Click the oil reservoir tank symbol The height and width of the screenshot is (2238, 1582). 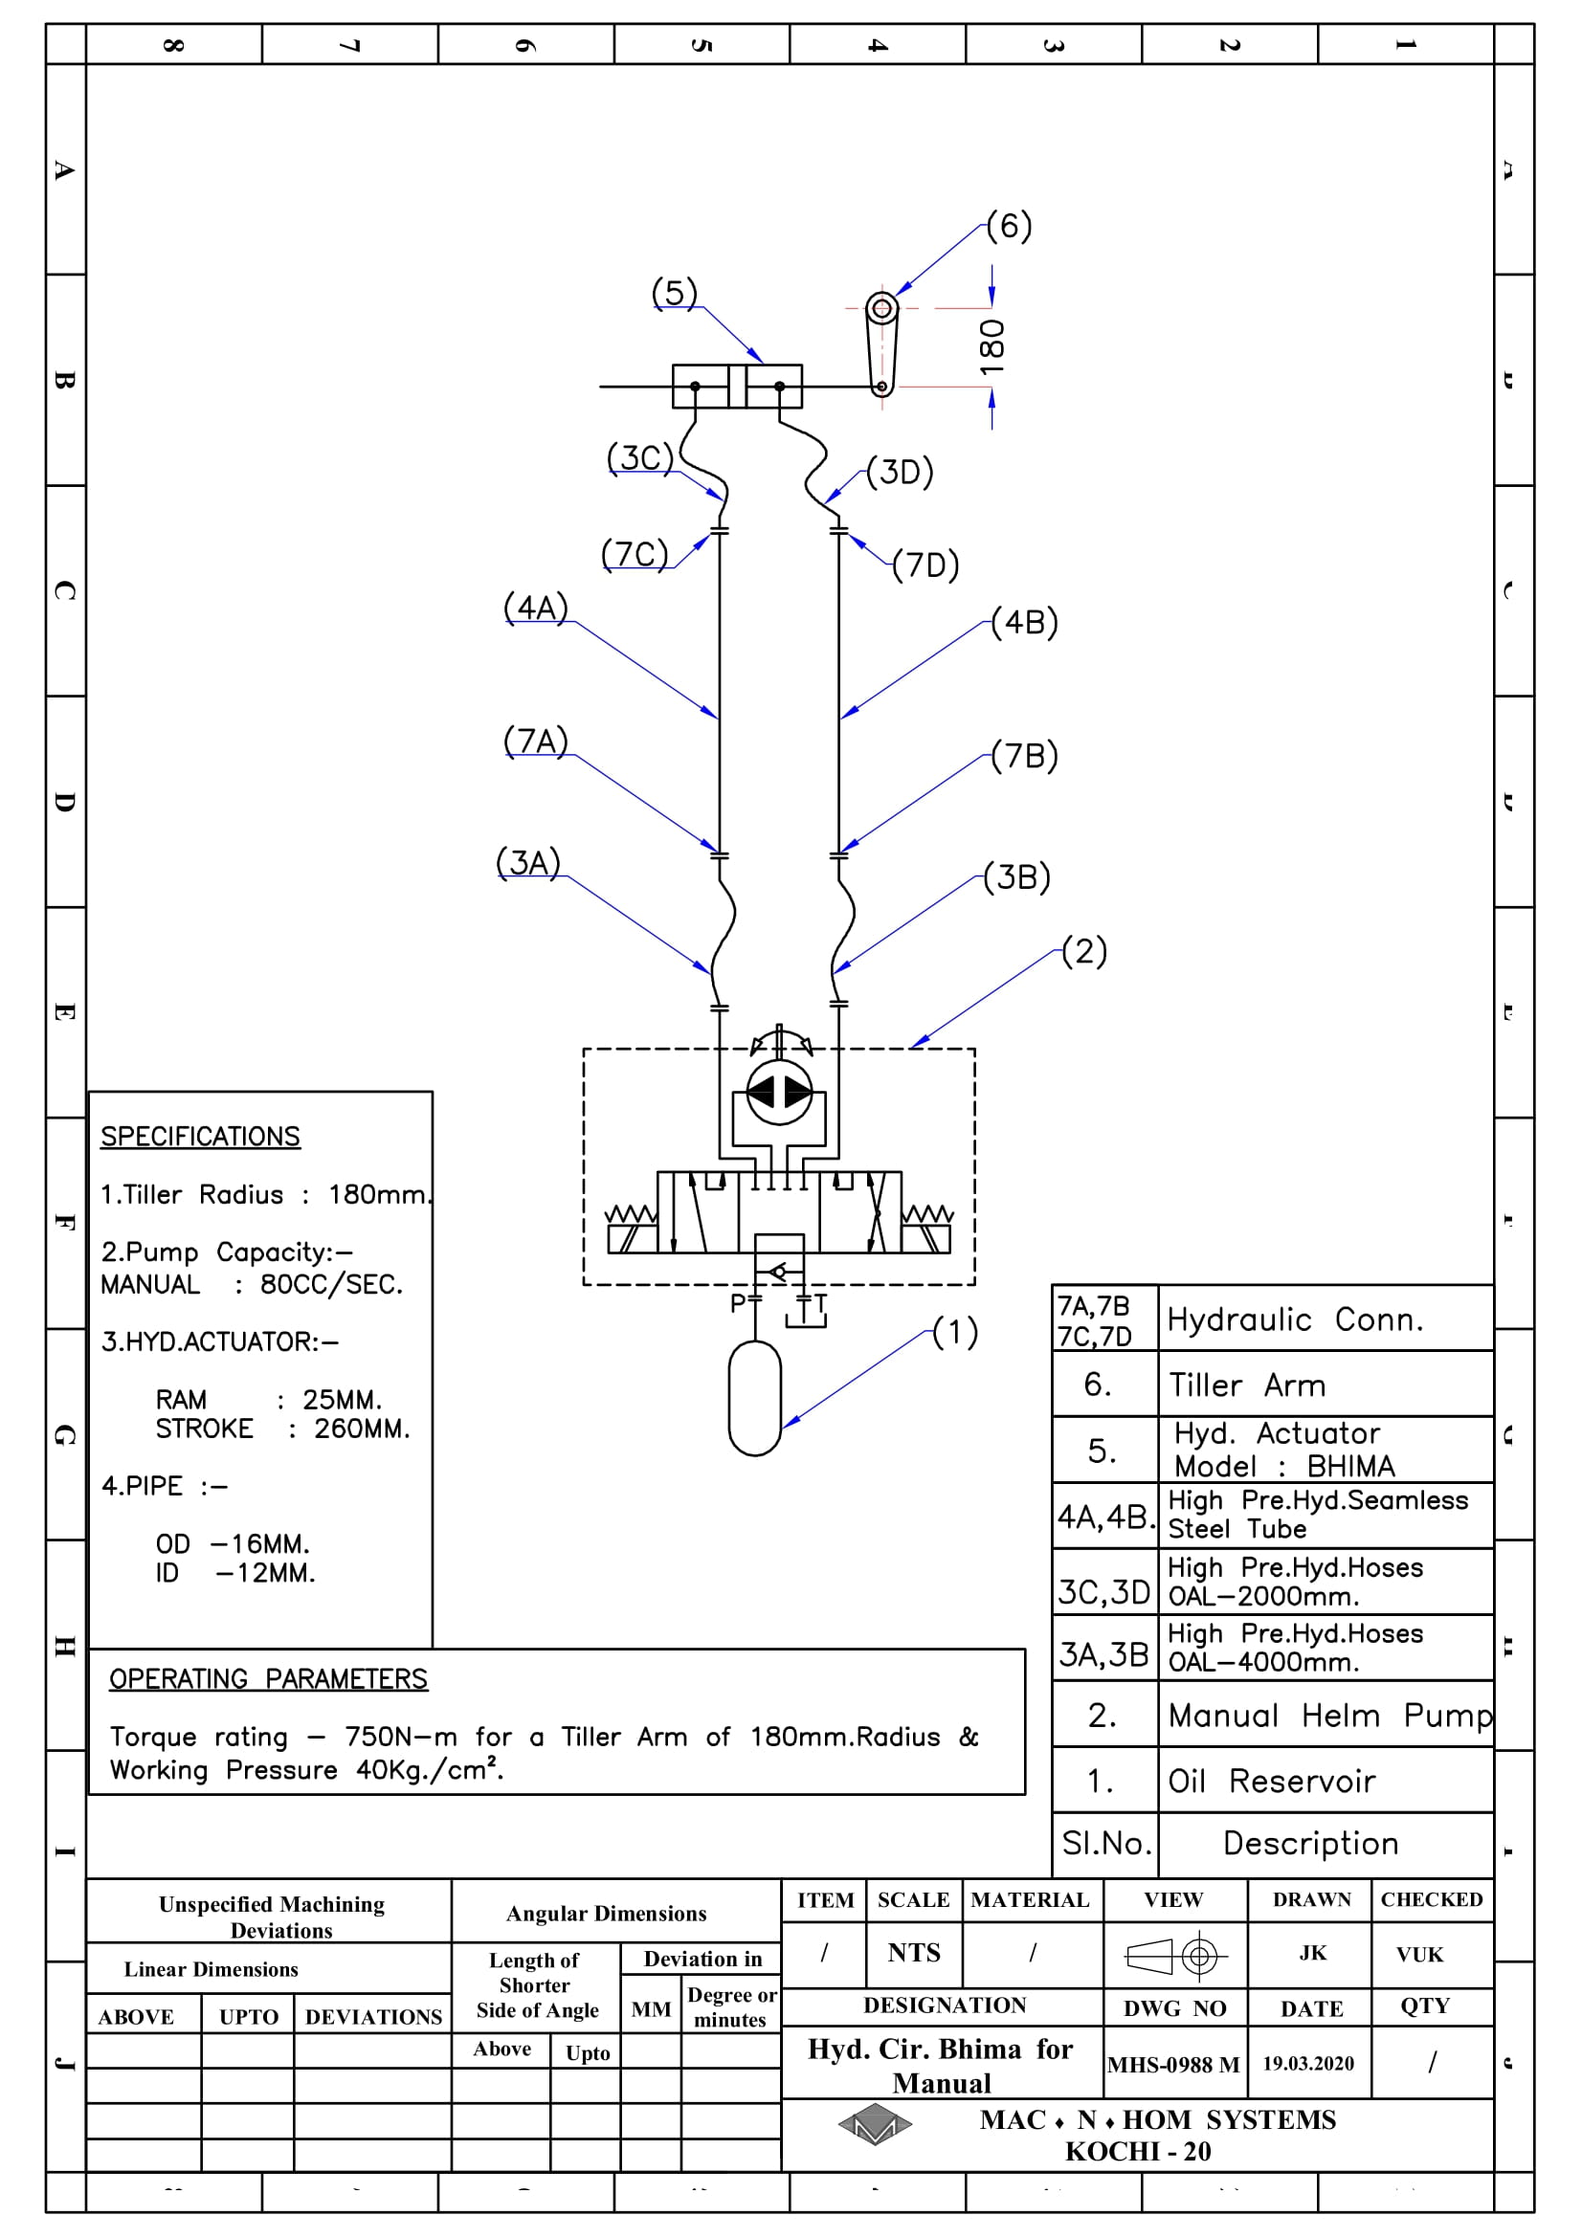[x=754, y=1398]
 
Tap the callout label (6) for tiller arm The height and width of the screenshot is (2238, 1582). [x=1009, y=226]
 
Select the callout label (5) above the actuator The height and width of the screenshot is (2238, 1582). [x=675, y=293]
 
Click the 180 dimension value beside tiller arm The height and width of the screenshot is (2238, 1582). [x=992, y=347]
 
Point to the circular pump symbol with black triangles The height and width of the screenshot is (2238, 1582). [x=779, y=1093]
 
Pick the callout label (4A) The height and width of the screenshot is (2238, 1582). [x=535, y=608]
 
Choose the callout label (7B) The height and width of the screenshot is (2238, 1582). [x=1024, y=756]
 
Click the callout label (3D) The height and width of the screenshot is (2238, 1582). [x=900, y=472]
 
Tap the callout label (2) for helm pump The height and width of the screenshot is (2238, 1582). [x=1084, y=950]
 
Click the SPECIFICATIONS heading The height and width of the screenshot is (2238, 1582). [x=201, y=1137]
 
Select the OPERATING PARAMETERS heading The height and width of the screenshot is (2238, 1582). [x=268, y=1678]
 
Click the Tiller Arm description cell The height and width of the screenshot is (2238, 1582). [x=1326, y=1385]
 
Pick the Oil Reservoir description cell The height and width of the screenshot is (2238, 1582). [x=1326, y=1780]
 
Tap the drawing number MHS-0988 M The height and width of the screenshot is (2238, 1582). [x=1173, y=2065]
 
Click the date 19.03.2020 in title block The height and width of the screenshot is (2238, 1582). [x=1308, y=2064]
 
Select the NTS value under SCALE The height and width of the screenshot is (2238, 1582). [x=913, y=1953]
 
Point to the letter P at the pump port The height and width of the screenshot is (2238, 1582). [x=738, y=1303]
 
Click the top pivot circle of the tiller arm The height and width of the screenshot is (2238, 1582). [x=882, y=309]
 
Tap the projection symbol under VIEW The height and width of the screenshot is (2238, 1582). [x=1175, y=1956]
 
